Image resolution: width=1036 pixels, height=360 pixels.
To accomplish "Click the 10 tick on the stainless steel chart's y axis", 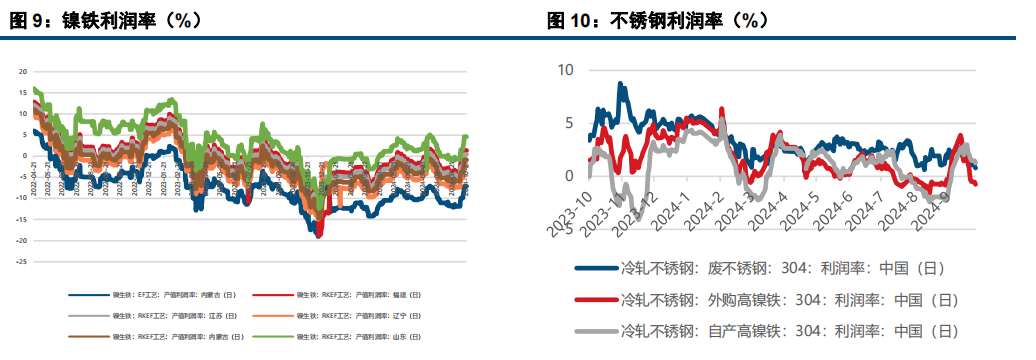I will click(x=565, y=70).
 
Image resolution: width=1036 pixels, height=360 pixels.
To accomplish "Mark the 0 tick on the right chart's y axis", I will click(x=569, y=176).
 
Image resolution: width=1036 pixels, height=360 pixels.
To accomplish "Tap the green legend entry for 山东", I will click(x=359, y=336).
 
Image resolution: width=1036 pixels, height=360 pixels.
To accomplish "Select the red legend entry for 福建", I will click(x=359, y=295).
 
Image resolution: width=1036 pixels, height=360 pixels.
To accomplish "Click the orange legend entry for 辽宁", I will click(x=359, y=316).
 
